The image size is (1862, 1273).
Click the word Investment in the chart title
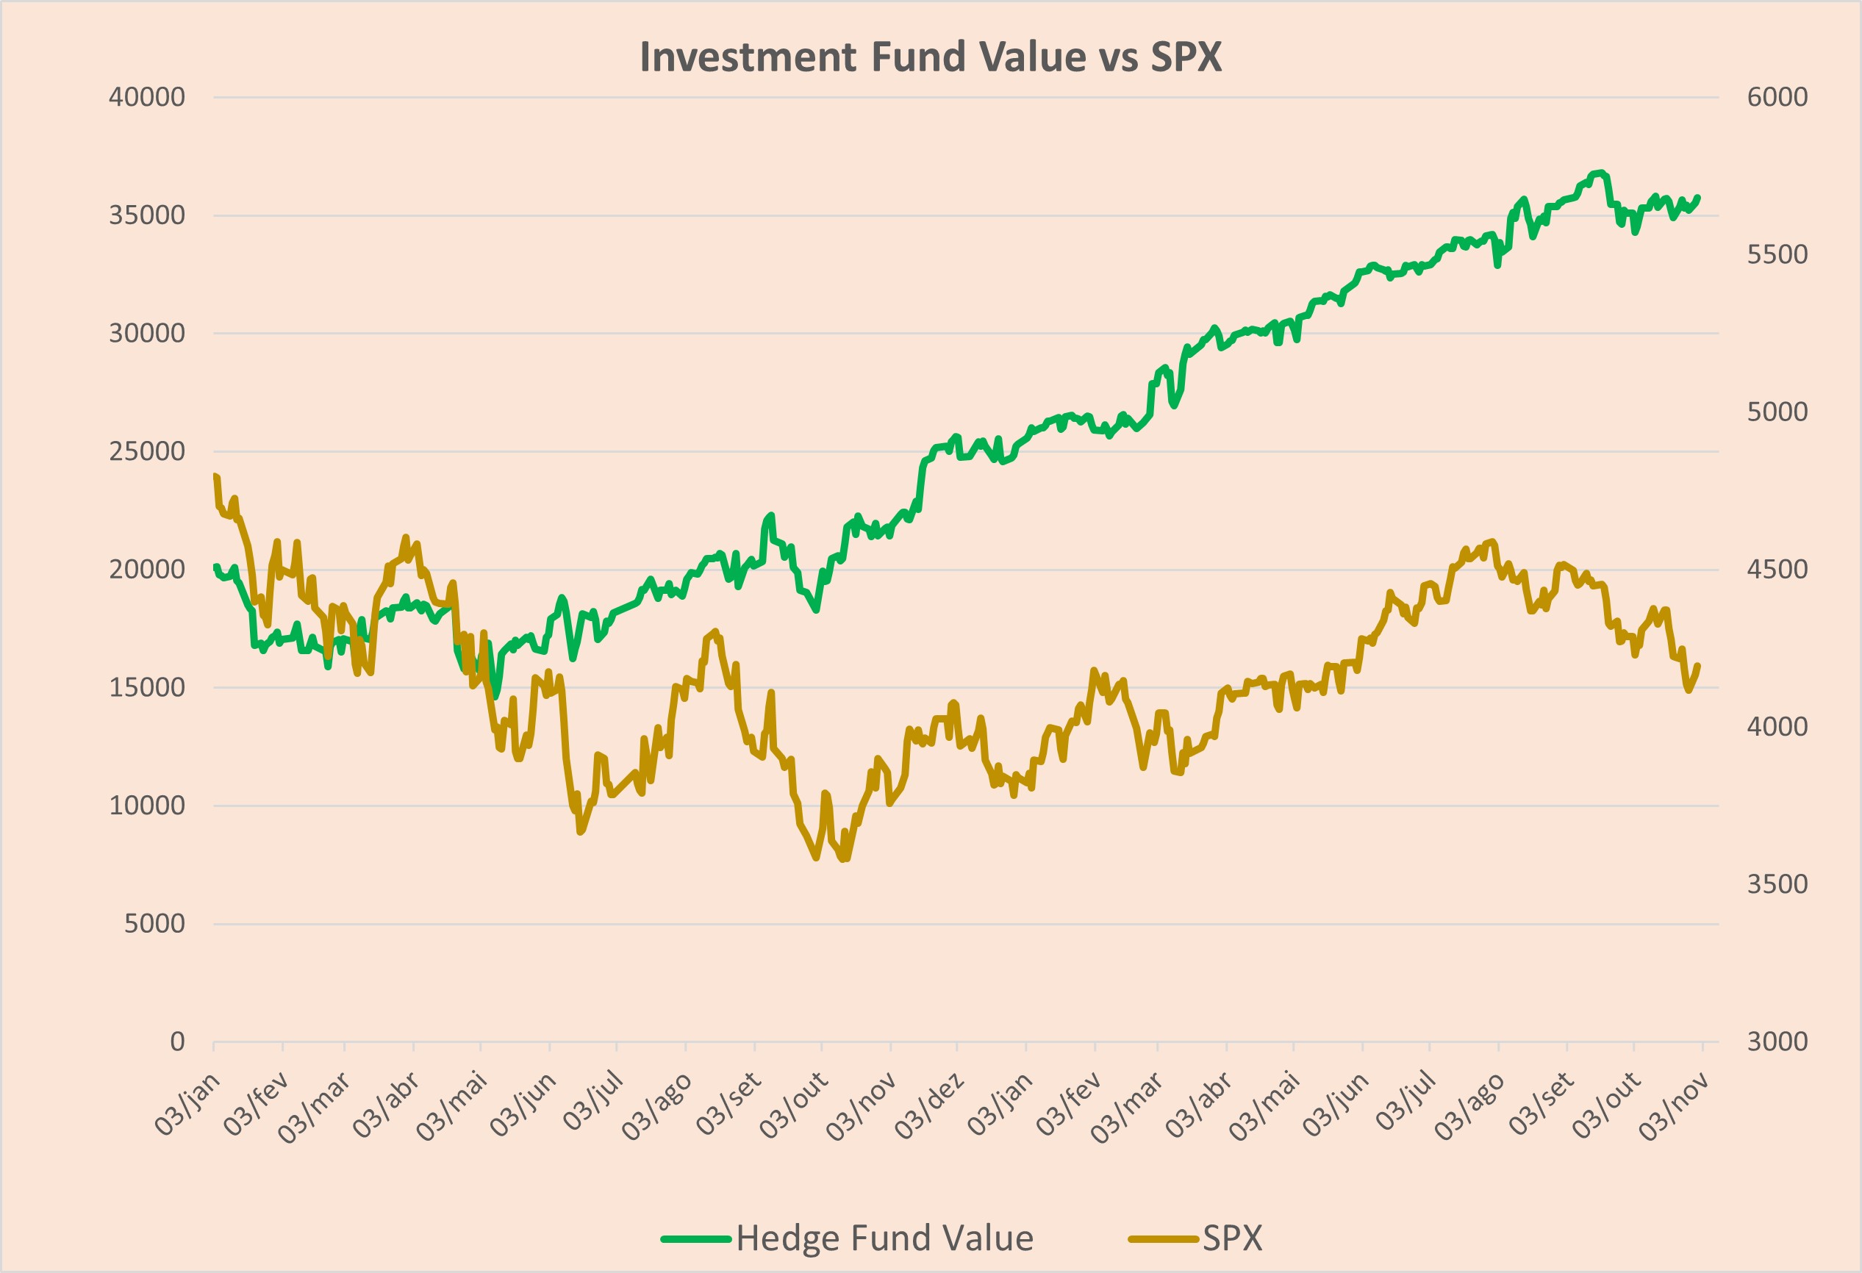[x=748, y=57]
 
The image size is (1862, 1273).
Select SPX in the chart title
[x=1186, y=57]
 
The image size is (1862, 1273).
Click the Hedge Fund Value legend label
[x=884, y=1238]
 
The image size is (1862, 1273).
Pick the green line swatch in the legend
[x=695, y=1238]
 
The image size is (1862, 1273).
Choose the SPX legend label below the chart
[x=1232, y=1238]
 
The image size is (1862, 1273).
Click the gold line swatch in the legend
[x=1164, y=1238]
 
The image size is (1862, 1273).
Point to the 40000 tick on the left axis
[x=146, y=97]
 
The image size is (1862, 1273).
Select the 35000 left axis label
[x=146, y=215]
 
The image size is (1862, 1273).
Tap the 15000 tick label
[x=146, y=686]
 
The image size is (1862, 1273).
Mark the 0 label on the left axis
[x=177, y=1041]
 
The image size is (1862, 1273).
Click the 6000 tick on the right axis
[x=1777, y=97]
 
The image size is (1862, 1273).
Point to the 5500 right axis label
[x=1777, y=254]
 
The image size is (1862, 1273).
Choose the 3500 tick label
[x=1777, y=883]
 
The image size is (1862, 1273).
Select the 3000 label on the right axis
[x=1777, y=1041]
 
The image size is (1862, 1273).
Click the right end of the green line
[x=1699, y=197]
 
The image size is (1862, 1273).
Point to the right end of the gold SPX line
[x=1699, y=665]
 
